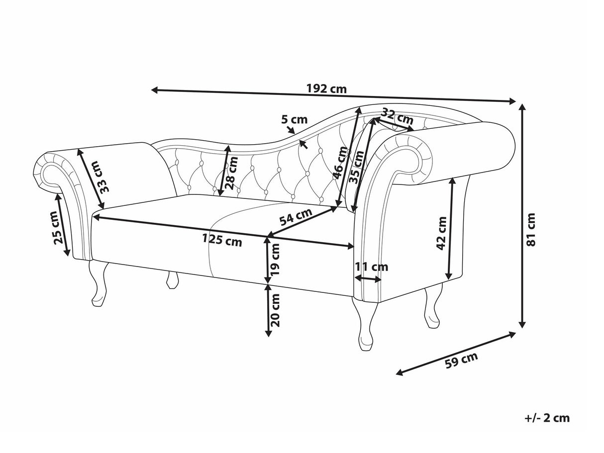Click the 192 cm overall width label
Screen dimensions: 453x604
[326, 89]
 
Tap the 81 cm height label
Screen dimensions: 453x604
[531, 230]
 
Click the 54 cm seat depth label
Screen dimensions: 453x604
[296, 217]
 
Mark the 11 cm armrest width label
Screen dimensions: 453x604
[371, 267]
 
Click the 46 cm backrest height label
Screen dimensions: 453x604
[340, 164]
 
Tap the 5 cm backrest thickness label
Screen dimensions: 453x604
[295, 119]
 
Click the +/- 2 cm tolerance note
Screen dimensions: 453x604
[547, 418]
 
